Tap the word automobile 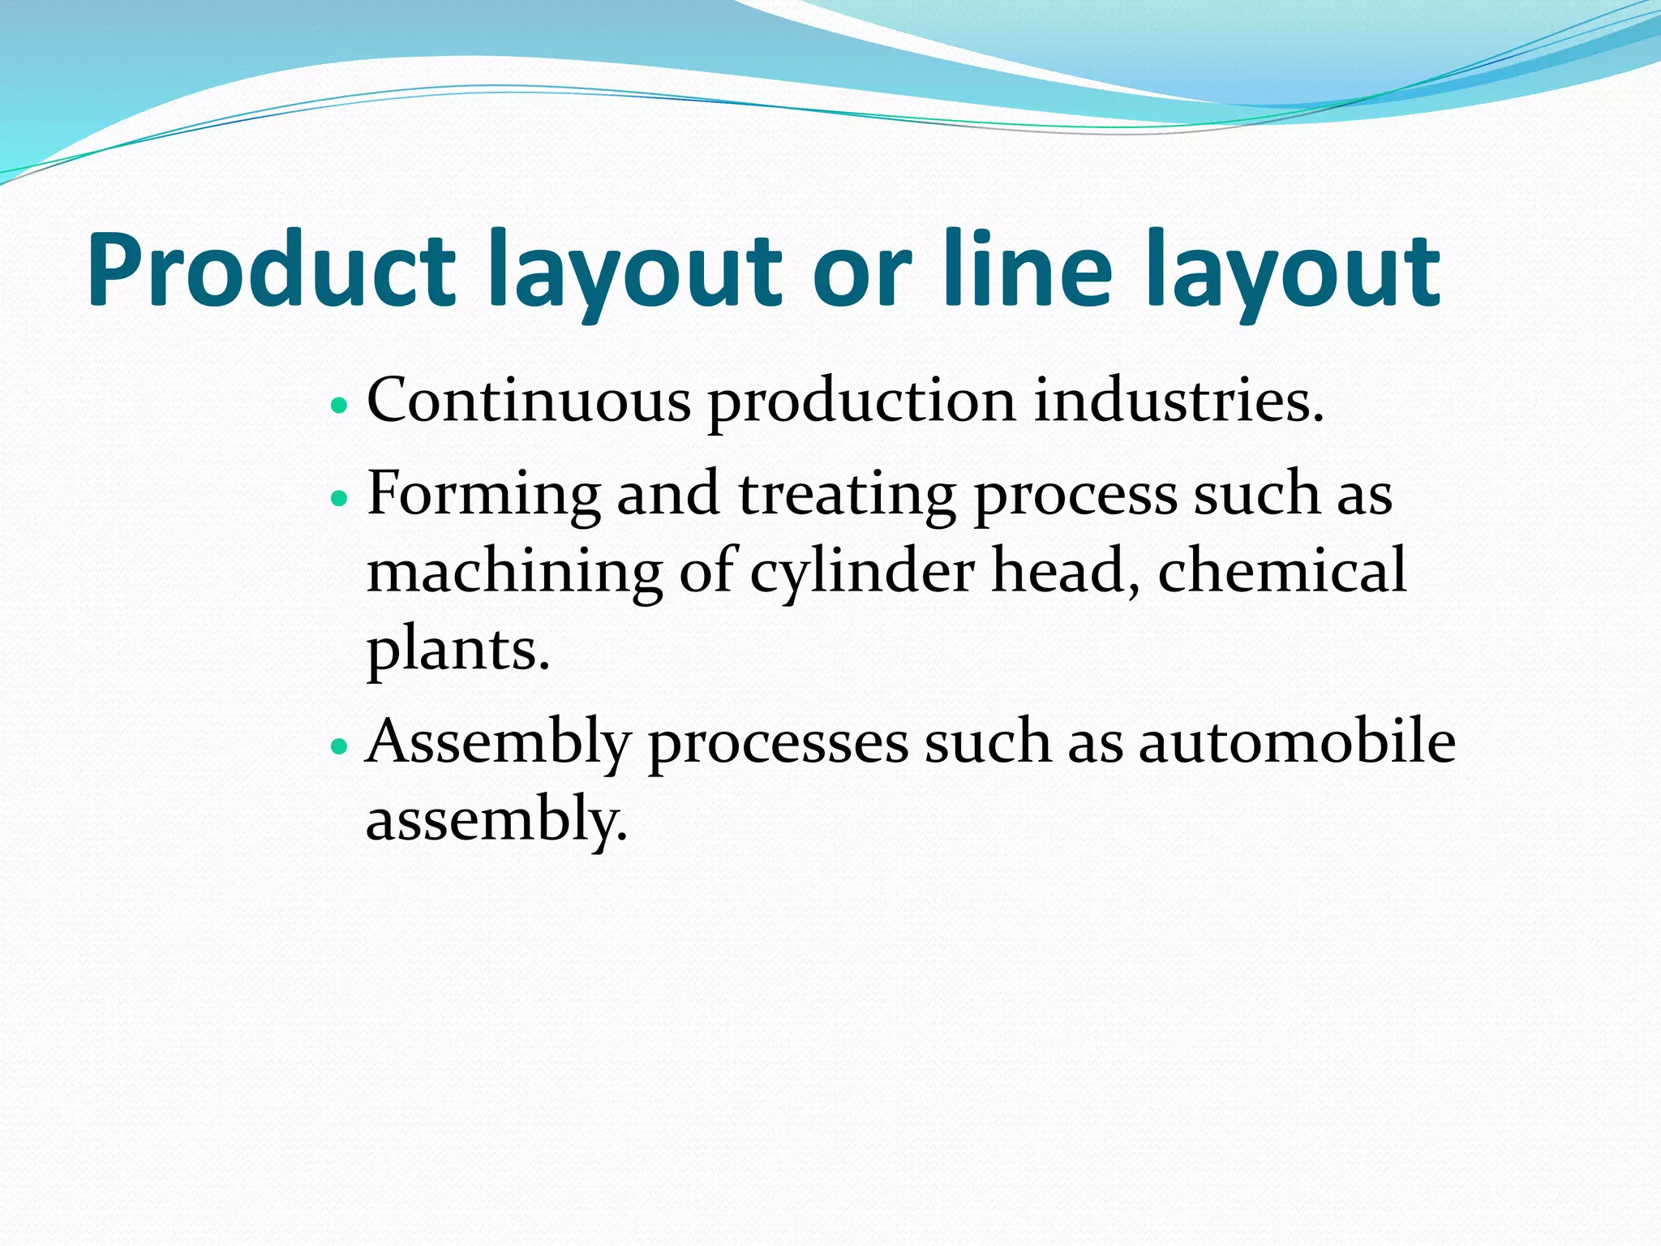[x=1297, y=741]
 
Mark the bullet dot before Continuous [x=340, y=403]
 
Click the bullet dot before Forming [x=340, y=496]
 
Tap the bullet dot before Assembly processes [x=340, y=744]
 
